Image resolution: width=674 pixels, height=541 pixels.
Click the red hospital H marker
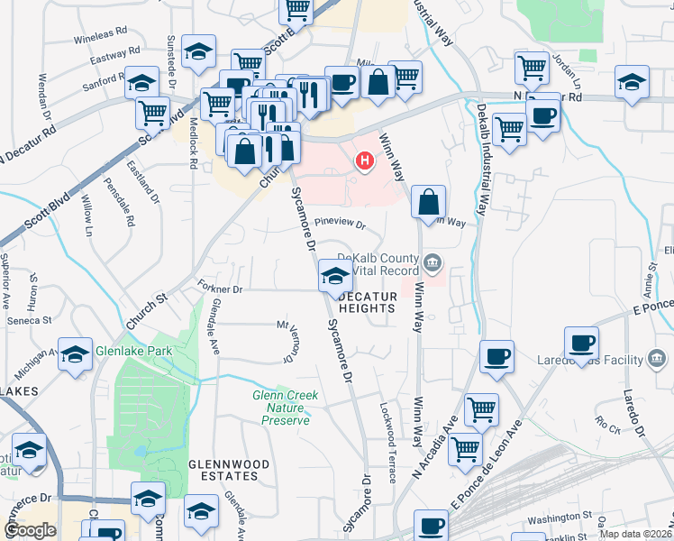[x=365, y=162]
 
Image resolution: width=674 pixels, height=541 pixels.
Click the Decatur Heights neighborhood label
[x=367, y=302]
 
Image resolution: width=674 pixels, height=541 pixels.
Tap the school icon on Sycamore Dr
[x=334, y=276]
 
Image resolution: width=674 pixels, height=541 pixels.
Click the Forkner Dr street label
[x=220, y=289]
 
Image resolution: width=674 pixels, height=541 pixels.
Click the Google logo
[x=30, y=530]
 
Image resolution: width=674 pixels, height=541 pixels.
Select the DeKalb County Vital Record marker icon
[x=433, y=264]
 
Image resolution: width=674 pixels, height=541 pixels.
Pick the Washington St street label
[x=558, y=518]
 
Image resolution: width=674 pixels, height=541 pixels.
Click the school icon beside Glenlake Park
[x=75, y=353]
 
